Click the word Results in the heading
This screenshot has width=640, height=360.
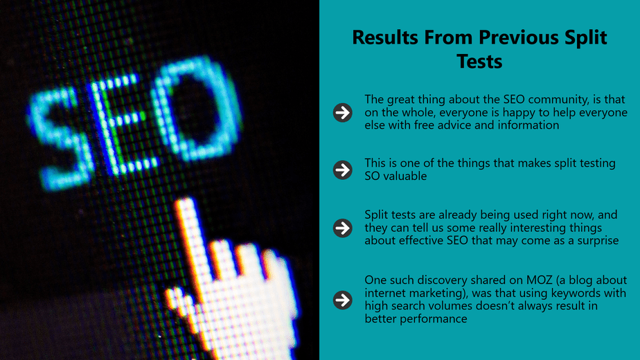[385, 37]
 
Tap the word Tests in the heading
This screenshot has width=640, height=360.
[479, 62]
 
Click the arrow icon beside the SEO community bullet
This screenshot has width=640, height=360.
[342, 112]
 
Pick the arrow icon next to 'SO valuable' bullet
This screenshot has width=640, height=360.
[342, 170]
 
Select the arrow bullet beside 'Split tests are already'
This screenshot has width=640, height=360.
[342, 228]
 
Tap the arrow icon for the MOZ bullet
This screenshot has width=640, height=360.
[342, 300]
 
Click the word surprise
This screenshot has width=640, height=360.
[598, 241]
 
